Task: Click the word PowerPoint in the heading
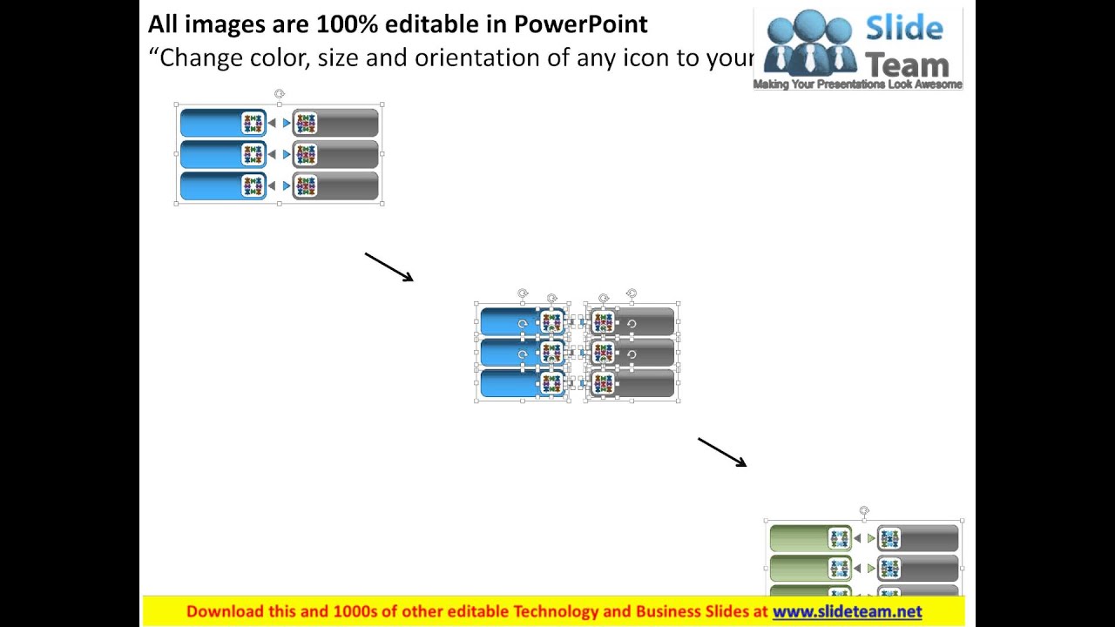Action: pyautogui.click(x=580, y=24)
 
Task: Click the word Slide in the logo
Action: pyautogui.click(x=903, y=29)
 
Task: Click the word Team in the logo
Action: pyautogui.click(x=907, y=64)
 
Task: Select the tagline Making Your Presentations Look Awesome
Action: pyautogui.click(x=857, y=84)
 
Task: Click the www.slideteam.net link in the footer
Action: pyautogui.click(x=847, y=611)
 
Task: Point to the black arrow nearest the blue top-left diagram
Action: pyautogui.click(x=389, y=267)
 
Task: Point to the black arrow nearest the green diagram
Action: pyautogui.click(x=722, y=452)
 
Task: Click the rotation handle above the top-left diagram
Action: pyautogui.click(x=279, y=94)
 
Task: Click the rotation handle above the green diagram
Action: pyautogui.click(x=864, y=511)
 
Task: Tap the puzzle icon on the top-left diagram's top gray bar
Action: pyautogui.click(x=305, y=124)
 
